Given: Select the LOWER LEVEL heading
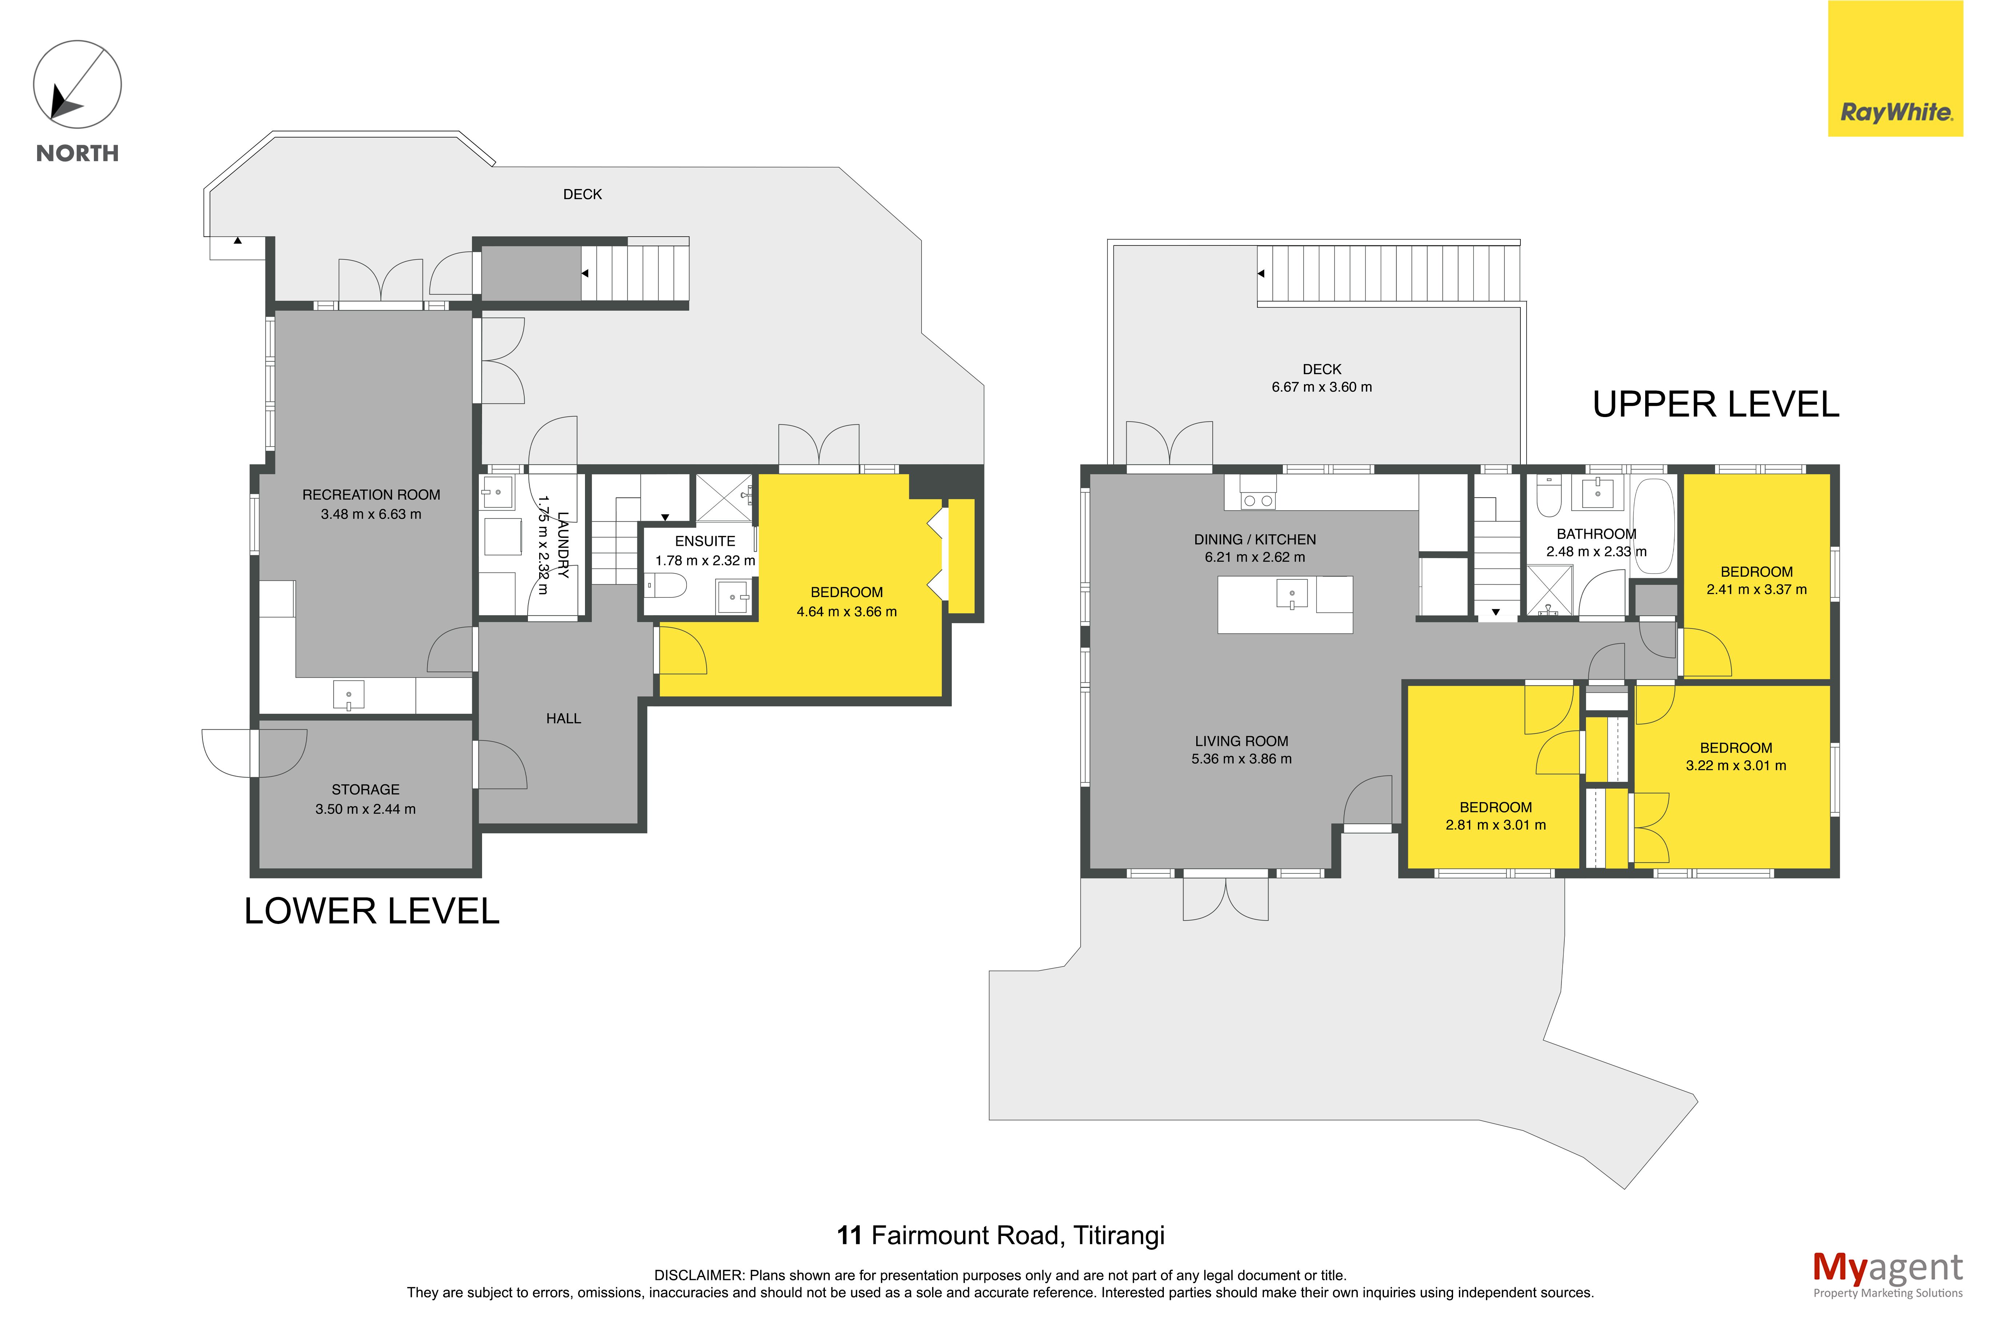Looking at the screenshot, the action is pos(371,911).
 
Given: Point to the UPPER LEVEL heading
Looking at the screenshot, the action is pos(1715,405).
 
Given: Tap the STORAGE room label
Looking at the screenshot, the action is pos(366,790).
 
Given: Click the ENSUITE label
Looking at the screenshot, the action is pos(705,541).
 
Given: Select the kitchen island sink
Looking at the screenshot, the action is pos(1292,594).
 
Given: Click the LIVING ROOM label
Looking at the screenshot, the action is pos(1242,741).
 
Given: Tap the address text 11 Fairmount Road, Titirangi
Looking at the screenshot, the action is pos(1001,1235).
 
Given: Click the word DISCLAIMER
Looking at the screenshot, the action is pos(698,1275).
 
